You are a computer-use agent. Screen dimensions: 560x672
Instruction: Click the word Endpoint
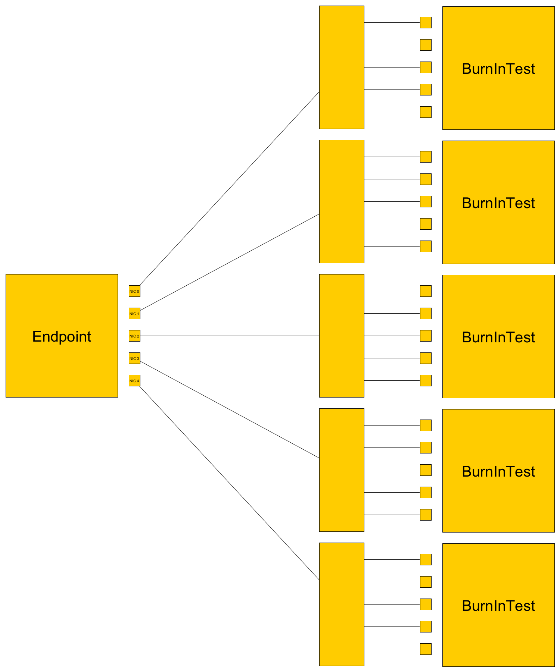click(62, 336)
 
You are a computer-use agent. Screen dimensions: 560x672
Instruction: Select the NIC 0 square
click(134, 291)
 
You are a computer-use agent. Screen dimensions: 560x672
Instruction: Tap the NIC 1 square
click(134, 313)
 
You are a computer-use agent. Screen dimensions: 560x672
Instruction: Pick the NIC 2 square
click(134, 336)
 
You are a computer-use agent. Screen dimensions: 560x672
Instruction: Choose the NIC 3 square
click(134, 358)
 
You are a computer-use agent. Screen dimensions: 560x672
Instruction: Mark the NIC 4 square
click(134, 380)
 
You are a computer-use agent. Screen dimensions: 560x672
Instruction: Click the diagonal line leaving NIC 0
click(230, 188)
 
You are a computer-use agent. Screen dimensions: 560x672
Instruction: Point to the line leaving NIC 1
click(230, 262)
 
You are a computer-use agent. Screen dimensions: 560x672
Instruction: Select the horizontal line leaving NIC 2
click(230, 336)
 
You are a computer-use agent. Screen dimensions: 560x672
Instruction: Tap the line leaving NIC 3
click(230, 409)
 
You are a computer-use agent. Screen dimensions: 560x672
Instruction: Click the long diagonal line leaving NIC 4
click(230, 483)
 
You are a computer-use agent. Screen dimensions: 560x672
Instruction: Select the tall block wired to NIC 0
click(342, 67)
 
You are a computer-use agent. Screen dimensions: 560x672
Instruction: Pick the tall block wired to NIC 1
click(342, 201)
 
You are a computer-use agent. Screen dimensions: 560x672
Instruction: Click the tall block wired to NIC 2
click(342, 336)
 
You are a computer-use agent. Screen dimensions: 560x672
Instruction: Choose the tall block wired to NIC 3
click(342, 470)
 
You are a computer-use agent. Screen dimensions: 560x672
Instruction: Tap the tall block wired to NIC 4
click(342, 604)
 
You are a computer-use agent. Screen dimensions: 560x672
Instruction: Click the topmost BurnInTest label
click(498, 69)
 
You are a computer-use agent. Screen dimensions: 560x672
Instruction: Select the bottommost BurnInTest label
click(498, 606)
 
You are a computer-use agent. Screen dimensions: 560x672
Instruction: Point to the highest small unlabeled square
click(426, 22)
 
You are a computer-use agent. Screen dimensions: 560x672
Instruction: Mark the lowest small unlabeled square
click(426, 649)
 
